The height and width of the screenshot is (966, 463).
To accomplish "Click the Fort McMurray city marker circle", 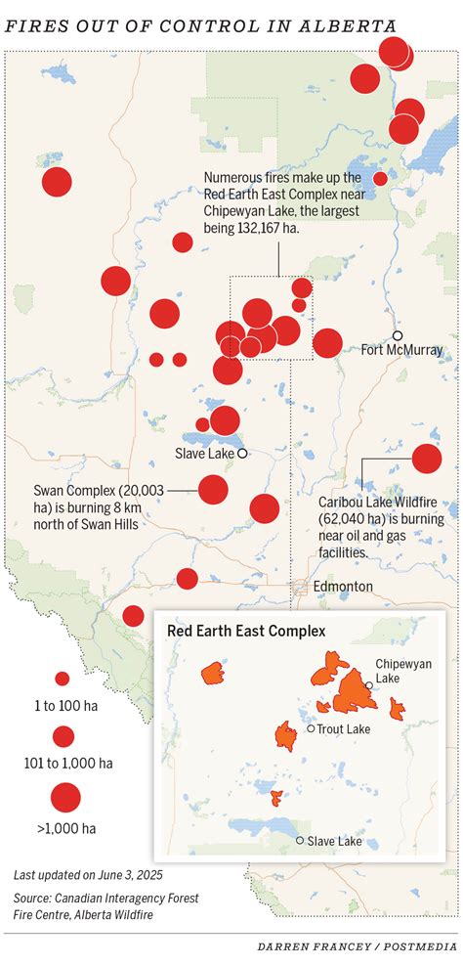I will point(398,335).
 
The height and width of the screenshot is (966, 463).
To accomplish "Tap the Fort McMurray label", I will point(401,350).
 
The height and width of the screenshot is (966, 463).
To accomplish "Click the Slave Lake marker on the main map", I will point(242,454).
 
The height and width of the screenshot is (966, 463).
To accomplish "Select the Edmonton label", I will point(343,586).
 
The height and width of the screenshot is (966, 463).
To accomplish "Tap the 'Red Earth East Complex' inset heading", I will point(246,632).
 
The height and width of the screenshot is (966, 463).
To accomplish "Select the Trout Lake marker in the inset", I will point(311,728).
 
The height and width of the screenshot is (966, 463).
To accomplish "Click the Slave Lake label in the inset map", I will point(334,841).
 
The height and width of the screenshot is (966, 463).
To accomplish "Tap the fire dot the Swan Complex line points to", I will point(213,489).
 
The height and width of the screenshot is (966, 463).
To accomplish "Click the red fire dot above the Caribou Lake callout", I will point(427,459).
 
